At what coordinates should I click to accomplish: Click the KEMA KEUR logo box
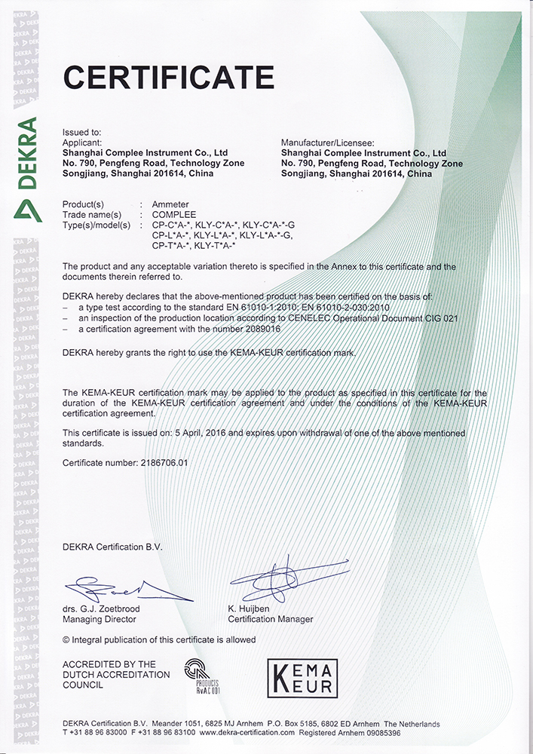click(303, 677)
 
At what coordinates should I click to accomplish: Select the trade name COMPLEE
click(174, 215)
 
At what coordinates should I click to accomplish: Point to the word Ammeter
click(170, 204)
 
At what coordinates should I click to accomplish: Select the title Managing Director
click(100, 619)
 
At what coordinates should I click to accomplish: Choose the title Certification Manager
click(270, 619)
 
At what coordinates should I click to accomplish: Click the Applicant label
click(81, 142)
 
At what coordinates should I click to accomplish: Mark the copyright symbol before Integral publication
click(66, 639)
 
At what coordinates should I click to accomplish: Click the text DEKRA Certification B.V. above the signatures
click(112, 547)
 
